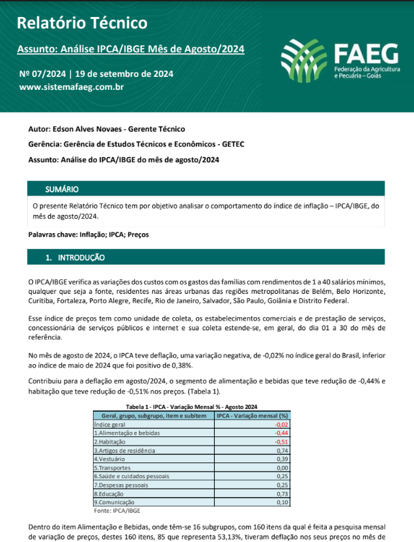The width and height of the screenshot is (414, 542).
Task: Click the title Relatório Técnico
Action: [x=82, y=24]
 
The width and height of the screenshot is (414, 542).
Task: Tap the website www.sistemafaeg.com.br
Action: [x=72, y=86]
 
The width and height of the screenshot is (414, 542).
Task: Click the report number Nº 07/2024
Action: [x=43, y=74]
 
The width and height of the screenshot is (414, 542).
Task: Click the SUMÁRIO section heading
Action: [x=62, y=190]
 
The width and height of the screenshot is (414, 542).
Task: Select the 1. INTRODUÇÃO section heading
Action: [x=75, y=258]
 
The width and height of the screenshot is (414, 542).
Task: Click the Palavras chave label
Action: [x=53, y=234]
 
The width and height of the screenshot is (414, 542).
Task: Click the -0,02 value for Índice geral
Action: [x=281, y=424]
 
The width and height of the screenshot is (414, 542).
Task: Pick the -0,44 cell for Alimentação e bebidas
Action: [x=281, y=433]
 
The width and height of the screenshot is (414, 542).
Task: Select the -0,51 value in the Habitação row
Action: [x=281, y=441]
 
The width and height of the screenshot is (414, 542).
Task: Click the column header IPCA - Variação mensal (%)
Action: [x=252, y=415]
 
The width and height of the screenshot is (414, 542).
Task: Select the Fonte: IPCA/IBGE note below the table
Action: [x=113, y=510]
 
